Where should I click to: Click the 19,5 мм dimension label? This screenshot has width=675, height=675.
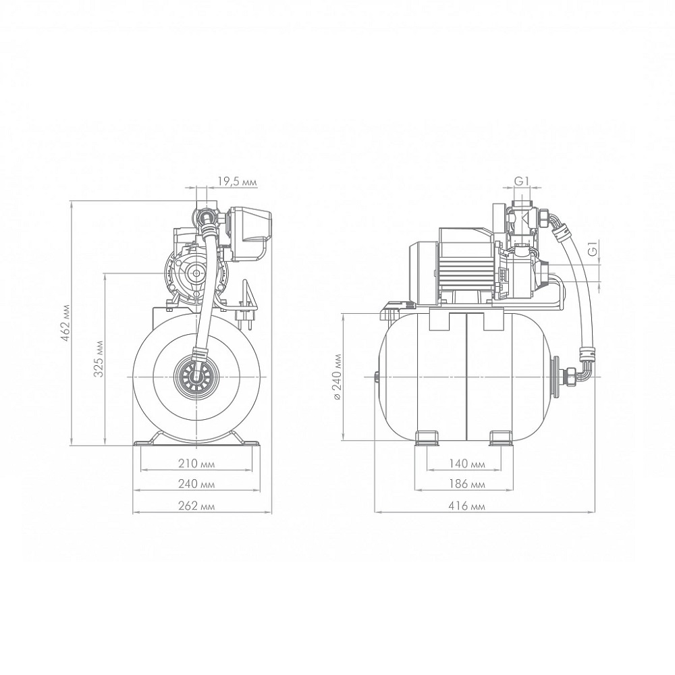pos(237,182)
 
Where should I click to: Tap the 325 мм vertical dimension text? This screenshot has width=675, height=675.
pos(99,358)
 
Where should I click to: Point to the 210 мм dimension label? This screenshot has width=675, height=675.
pos(196,464)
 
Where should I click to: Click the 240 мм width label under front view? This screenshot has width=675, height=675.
pos(196,484)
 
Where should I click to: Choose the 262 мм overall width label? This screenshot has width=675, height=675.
pos(196,506)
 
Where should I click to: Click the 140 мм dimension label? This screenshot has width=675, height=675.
pos(466,464)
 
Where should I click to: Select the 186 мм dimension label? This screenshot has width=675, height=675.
pos(466,484)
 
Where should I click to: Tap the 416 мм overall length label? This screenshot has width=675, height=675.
pos(466,506)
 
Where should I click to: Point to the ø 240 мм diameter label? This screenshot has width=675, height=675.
pos(337,377)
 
